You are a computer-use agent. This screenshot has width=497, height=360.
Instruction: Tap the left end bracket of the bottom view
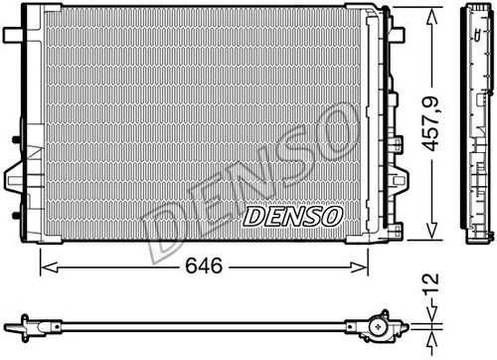coord(22,324)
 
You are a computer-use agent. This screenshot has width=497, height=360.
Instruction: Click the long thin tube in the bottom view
coord(199,324)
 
